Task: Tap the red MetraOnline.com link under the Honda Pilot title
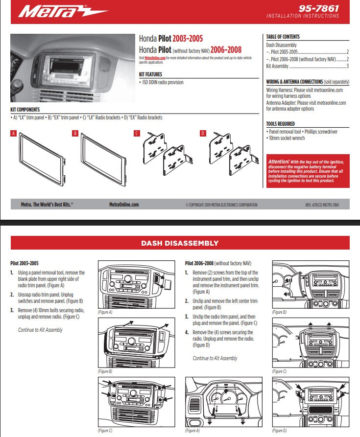pyautogui.click(x=155, y=58)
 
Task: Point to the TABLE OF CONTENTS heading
pyautogui.click(x=283, y=37)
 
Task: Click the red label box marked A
pyautogui.click(x=13, y=133)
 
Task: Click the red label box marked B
pyautogui.click(x=75, y=133)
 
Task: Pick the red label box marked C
pyautogui.click(x=137, y=133)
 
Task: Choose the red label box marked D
pyautogui.click(x=203, y=133)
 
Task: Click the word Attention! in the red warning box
pyautogui.click(x=279, y=161)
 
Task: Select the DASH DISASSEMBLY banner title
pyautogui.click(x=180, y=243)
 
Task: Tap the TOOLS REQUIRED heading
pyautogui.click(x=280, y=124)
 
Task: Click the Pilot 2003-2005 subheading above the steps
pyautogui.click(x=24, y=263)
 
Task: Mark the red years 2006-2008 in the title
pyautogui.click(x=225, y=49)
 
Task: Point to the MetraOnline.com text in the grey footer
pyautogui.click(x=124, y=205)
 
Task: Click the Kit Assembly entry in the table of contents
pyautogui.click(x=277, y=66)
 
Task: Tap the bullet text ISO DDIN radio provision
pyautogui.click(x=163, y=82)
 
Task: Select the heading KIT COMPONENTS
pyautogui.click(x=25, y=110)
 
